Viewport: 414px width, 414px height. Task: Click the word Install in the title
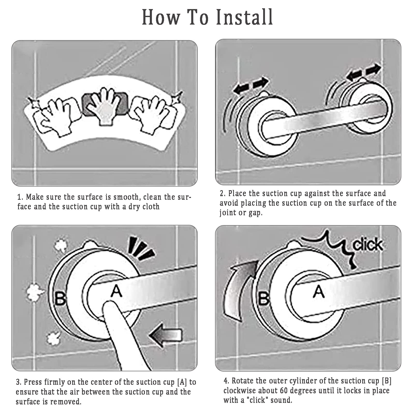(245, 17)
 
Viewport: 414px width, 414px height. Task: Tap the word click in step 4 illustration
(368, 245)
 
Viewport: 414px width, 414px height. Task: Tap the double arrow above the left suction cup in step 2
(250, 85)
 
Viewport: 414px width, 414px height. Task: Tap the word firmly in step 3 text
(55, 382)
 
